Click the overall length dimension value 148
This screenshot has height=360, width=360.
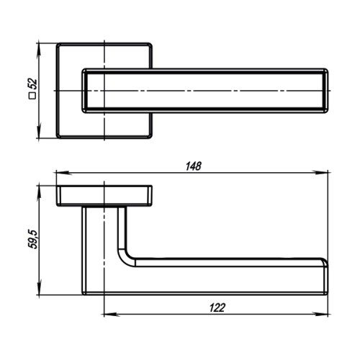click(x=192, y=166)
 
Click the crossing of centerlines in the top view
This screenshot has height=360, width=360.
click(x=105, y=91)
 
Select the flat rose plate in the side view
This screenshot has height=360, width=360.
click(x=105, y=195)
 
